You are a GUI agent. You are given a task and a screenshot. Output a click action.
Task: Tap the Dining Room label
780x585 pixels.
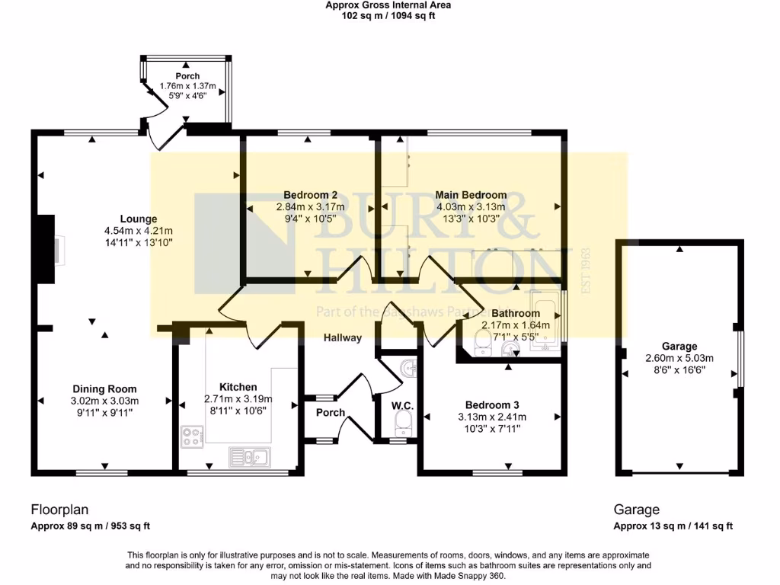coord(105,388)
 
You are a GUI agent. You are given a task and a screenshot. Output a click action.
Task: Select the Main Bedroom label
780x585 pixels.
coord(470,195)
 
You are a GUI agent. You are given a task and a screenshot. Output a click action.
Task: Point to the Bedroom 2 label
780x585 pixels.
coord(310,195)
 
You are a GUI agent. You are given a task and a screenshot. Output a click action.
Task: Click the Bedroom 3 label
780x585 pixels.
coord(491,405)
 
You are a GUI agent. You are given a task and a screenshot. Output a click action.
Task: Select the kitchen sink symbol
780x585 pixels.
coord(249,456)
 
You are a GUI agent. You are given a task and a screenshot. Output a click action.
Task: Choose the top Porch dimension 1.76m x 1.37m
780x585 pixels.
coord(187,86)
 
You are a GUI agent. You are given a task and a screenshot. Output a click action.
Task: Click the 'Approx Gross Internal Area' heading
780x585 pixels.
coord(388,5)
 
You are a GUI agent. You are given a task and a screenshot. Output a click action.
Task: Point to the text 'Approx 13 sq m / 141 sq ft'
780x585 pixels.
coord(673,526)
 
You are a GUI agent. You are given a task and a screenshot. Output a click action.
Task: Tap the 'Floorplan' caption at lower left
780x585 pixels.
coord(56,510)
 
